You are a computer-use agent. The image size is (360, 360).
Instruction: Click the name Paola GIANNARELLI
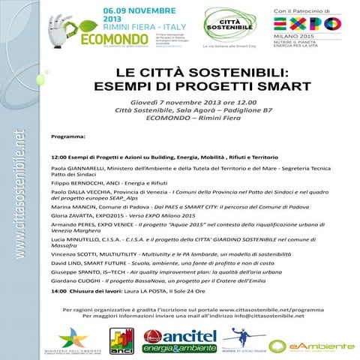pyautogui.click(x=79, y=169)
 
